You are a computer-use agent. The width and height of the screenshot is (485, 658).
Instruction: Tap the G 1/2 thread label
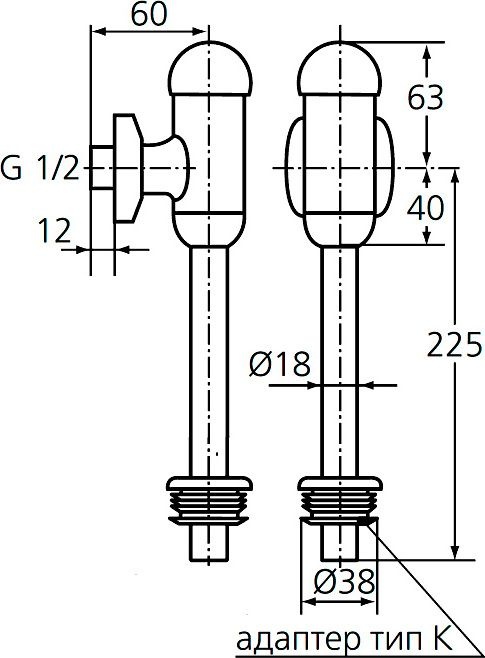[39, 169]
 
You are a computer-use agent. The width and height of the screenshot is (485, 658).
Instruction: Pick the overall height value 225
[455, 345]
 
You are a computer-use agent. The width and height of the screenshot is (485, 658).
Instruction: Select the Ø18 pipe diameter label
[277, 366]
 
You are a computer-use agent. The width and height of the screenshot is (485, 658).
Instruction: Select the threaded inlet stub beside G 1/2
[101, 168]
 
